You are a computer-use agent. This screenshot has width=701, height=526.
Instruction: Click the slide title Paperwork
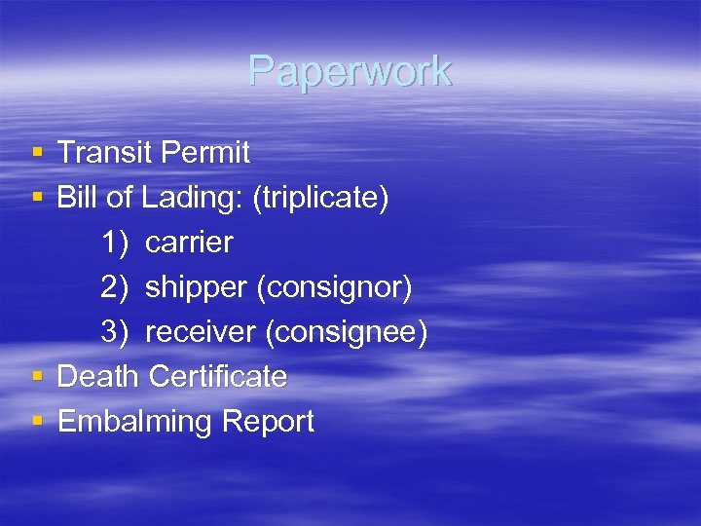click(350, 71)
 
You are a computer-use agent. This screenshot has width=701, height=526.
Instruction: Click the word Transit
click(101, 153)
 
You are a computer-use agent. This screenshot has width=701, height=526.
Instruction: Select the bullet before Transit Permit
click(36, 153)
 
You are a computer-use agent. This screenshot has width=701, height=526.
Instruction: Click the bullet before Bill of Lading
click(36, 198)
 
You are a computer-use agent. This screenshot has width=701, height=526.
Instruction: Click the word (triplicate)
click(320, 198)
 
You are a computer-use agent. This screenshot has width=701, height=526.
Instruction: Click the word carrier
click(189, 243)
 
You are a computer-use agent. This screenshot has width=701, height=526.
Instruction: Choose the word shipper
click(199, 288)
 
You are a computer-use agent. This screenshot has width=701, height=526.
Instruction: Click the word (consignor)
click(338, 288)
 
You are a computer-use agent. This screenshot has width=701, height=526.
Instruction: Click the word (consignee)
click(347, 333)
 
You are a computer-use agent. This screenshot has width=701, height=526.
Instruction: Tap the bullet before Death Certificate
click(36, 377)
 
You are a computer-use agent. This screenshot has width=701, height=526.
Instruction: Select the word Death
click(99, 377)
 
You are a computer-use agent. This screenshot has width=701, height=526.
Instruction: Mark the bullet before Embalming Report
click(36, 422)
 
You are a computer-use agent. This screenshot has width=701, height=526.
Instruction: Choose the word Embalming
click(134, 423)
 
